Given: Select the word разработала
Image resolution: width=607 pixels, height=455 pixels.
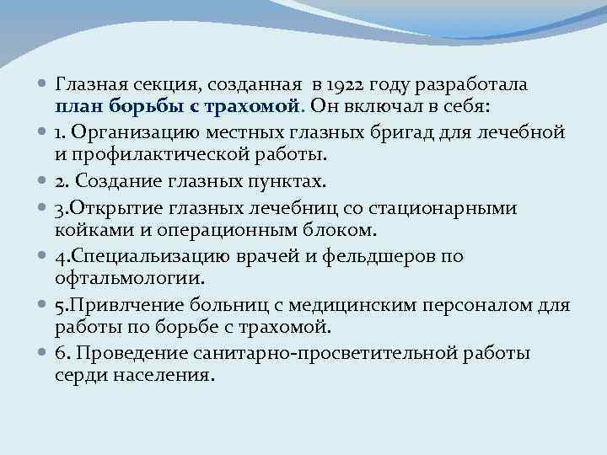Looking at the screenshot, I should point(476,85).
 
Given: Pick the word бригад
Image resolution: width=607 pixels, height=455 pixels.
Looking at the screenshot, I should point(409,132).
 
